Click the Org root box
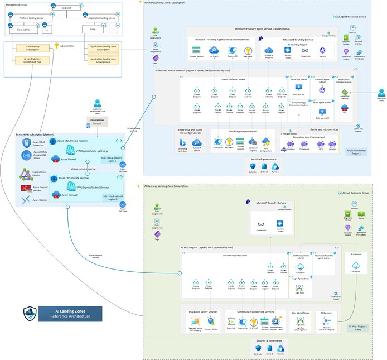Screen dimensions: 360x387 [66, 8]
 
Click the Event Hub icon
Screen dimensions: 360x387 [230, 322]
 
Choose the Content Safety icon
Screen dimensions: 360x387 [210, 322]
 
